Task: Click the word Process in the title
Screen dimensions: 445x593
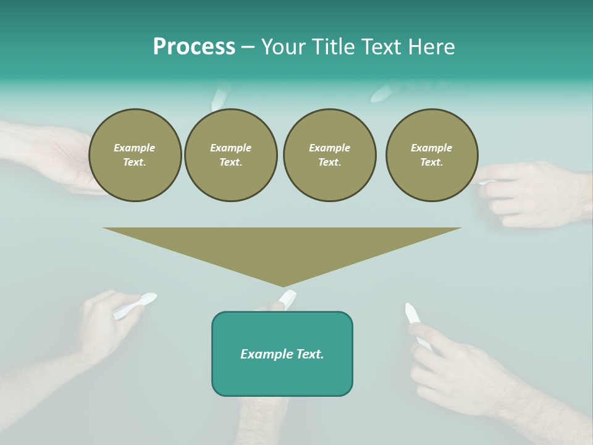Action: click(x=194, y=47)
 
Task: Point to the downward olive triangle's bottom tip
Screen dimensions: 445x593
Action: click(x=283, y=285)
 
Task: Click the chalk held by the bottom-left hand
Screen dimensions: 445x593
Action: click(x=135, y=305)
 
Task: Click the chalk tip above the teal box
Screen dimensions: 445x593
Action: click(x=287, y=298)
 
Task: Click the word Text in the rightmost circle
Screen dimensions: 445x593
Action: click(x=432, y=162)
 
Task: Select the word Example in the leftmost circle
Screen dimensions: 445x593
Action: click(x=135, y=148)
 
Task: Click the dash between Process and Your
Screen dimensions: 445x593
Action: click(x=248, y=47)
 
